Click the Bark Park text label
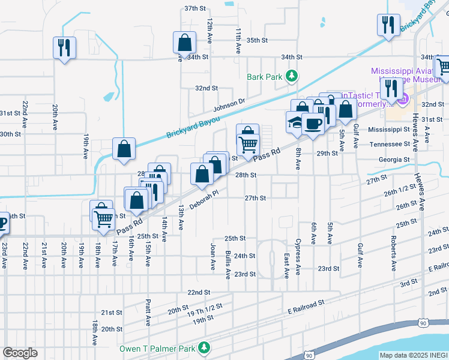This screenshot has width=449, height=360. click(x=264, y=77)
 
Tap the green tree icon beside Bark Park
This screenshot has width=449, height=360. click(x=291, y=76)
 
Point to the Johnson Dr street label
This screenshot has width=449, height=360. click(x=229, y=105)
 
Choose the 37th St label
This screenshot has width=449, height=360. click(x=195, y=8)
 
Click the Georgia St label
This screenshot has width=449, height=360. click(x=394, y=160)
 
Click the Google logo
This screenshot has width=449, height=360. click(x=20, y=353)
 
